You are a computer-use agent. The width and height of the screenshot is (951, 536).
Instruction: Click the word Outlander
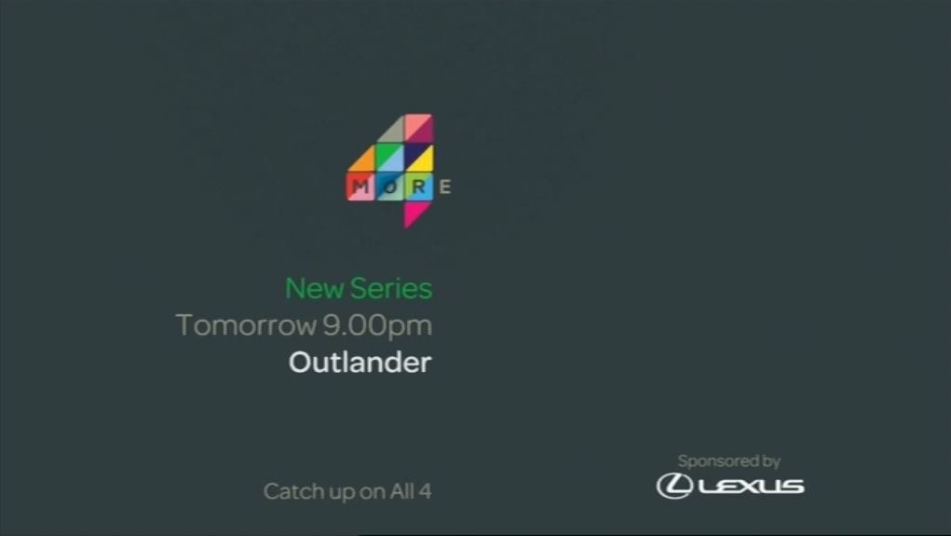pyautogui.click(x=360, y=363)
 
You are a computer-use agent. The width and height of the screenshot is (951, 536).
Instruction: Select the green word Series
pyautogui.click(x=391, y=288)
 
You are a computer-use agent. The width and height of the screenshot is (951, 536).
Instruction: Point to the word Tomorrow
pyautogui.click(x=246, y=325)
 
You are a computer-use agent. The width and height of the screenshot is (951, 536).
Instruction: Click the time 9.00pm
pyautogui.click(x=377, y=326)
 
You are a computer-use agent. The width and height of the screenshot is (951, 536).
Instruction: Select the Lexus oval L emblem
pyautogui.click(x=674, y=487)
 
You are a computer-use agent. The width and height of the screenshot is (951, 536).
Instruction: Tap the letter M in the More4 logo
pyautogui.click(x=360, y=186)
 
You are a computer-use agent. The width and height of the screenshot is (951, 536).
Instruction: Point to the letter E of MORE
pyautogui.click(x=445, y=186)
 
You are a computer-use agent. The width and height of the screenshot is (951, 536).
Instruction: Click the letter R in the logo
pyautogui.click(x=418, y=186)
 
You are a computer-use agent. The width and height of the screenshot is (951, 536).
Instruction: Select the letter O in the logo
pyautogui.click(x=390, y=186)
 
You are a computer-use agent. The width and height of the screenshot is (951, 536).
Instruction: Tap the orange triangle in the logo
pyautogui.click(x=365, y=161)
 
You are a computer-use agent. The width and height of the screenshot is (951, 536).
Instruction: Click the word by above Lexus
pyautogui.click(x=771, y=462)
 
